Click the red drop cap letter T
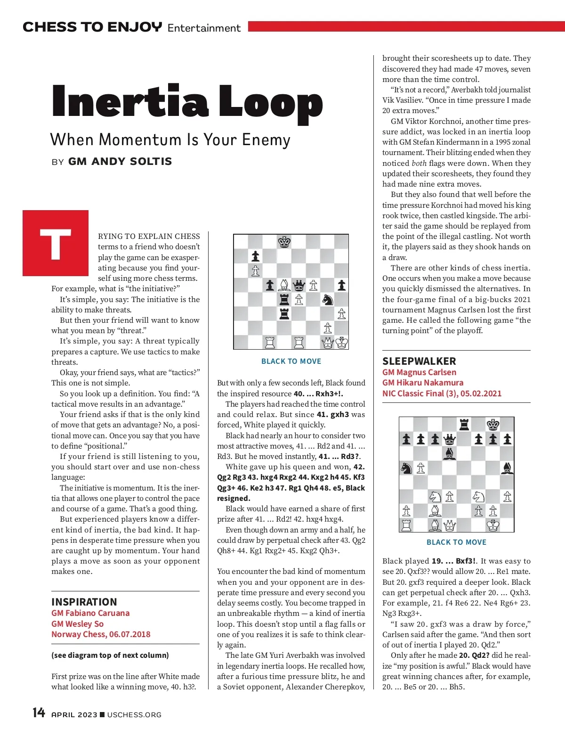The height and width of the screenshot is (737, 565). point(56,243)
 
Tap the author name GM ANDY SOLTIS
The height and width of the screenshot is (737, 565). point(120,162)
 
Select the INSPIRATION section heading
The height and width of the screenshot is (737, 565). point(84,602)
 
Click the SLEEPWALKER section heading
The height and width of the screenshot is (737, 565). point(419,361)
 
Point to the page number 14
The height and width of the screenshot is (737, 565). point(39,712)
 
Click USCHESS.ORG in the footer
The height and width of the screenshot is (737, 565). point(134,715)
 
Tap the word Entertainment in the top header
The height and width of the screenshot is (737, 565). point(204,28)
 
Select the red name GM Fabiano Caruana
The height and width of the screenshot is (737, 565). point(90,613)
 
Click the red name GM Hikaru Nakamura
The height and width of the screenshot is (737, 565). point(423,383)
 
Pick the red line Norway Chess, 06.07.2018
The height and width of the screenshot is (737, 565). point(101,634)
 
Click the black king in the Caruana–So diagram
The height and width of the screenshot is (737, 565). point(284,242)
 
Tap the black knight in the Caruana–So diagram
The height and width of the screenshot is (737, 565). point(327,299)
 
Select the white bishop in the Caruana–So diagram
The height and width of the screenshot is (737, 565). point(284,285)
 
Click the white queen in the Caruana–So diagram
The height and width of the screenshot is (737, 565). point(328,343)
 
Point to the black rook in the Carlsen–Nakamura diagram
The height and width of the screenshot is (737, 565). point(464,425)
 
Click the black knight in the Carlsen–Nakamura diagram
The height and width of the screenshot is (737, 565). point(406,468)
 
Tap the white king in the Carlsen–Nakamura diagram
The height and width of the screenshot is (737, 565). point(493,525)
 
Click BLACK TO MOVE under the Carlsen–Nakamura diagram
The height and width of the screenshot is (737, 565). point(456,542)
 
